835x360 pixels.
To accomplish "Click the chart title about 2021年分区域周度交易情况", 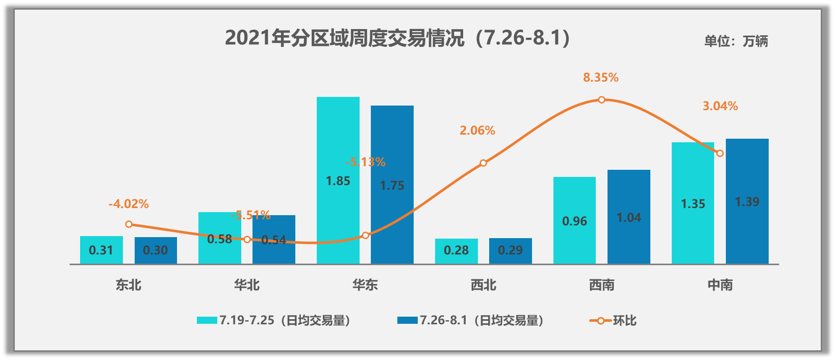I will point(397,38).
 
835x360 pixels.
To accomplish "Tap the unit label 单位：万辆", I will point(736,41).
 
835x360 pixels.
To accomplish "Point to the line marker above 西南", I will point(601,100).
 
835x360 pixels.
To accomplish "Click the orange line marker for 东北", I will point(129,224).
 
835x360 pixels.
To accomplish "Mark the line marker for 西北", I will point(483,163).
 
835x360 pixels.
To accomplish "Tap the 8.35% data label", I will point(600,78).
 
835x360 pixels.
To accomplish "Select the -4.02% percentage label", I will point(129,204).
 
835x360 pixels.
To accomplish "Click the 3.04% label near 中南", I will point(720,106).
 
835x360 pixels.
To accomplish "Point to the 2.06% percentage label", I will point(477,131).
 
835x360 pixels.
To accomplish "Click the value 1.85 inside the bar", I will point(338,181).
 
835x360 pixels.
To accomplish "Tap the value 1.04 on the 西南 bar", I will point(628,218).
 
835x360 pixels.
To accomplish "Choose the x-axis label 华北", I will point(247,285).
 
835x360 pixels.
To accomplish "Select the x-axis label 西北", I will point(483,285).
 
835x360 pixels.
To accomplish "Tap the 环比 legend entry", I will point(613,321).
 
